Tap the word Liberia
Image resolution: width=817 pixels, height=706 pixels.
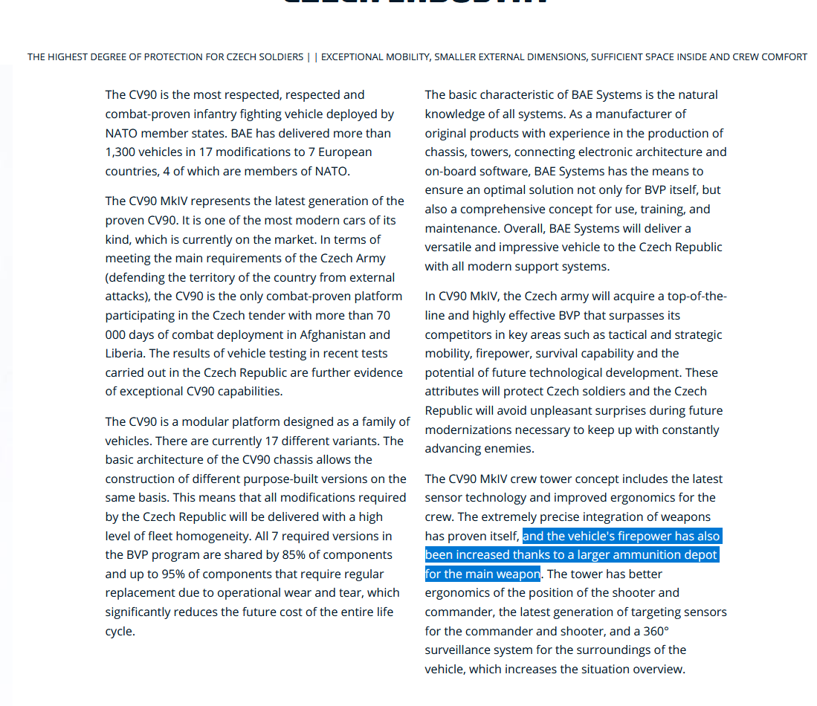(125, 354)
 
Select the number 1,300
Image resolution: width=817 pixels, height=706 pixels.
(123, 152)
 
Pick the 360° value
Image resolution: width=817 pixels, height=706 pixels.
(655, 631)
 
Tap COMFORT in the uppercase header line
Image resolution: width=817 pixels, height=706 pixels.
(784, 57)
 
